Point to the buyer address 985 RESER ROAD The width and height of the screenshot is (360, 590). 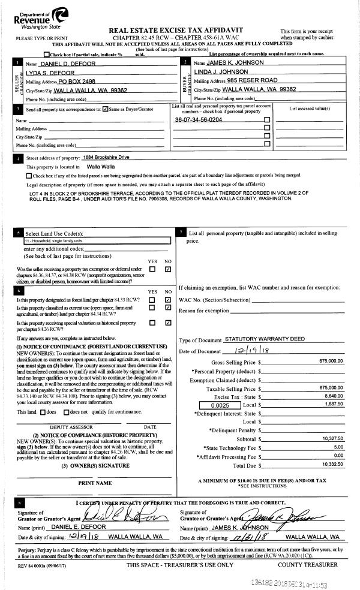click(252, 80)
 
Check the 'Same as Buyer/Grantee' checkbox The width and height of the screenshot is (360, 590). click(106, 109)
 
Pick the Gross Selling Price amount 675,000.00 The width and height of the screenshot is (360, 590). click(331, 362)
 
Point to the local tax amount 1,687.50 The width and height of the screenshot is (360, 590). click(333, 406)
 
